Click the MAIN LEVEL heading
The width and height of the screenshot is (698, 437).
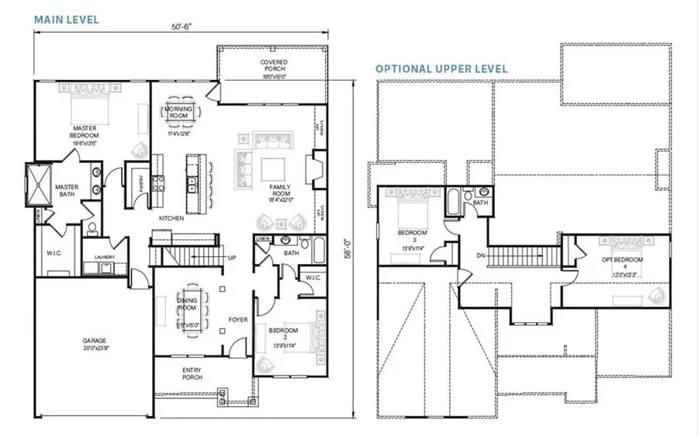[x=66, y=19]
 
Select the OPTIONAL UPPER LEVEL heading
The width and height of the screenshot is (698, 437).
[x=441, y=69]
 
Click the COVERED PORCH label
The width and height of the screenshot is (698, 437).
[x=273, y=65]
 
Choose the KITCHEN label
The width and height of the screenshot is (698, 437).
[x=171, y=219]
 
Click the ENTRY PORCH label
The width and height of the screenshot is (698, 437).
[x=192, y=373]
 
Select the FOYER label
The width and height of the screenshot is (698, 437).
[x=237, y=319]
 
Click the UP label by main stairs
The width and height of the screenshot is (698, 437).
[x=232, y=258]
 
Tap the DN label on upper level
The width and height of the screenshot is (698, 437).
[x=481, y=255]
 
